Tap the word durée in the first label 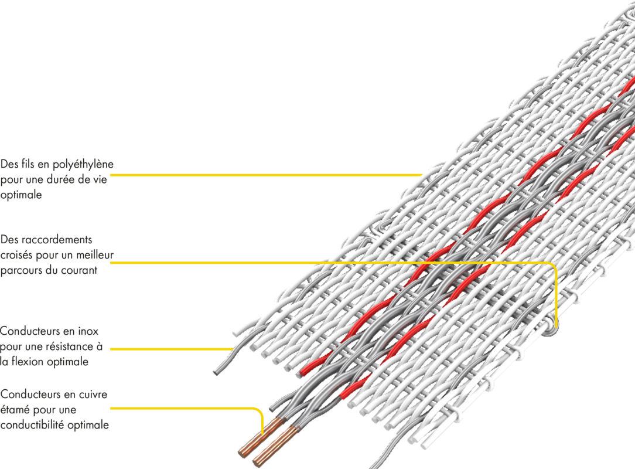tap(65, 180)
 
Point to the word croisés tap(16, 256)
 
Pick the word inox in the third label tap(89, 331)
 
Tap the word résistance tap(70, 346)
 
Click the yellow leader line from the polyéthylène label tap(264, 175)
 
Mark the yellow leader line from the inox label tap(170, 349)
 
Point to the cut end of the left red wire tap(303, 372)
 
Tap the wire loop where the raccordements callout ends tap(551, 331)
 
